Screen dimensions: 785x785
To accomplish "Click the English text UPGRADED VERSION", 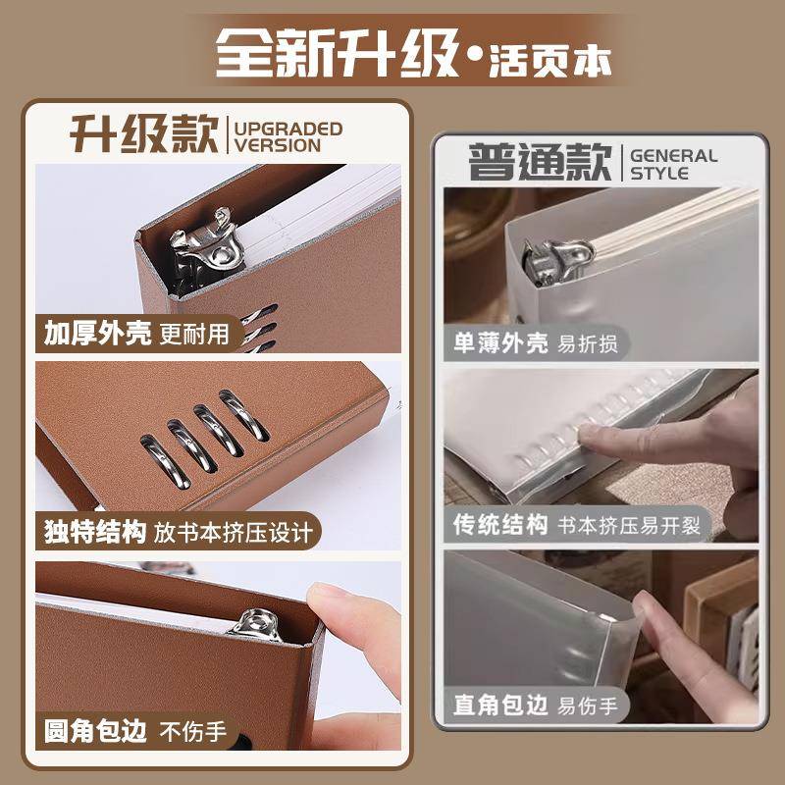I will pos(288,137).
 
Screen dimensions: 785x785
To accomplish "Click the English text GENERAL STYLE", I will pos(673,164).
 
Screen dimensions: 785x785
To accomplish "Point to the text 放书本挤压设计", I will pos(233,533).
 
